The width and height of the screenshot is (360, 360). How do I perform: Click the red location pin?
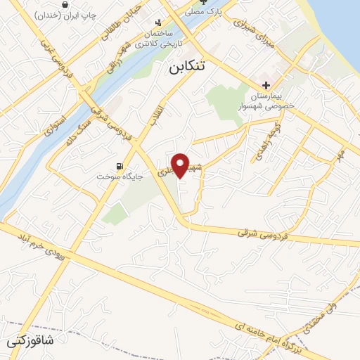181,165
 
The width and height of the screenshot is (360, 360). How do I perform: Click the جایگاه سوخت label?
121,177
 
